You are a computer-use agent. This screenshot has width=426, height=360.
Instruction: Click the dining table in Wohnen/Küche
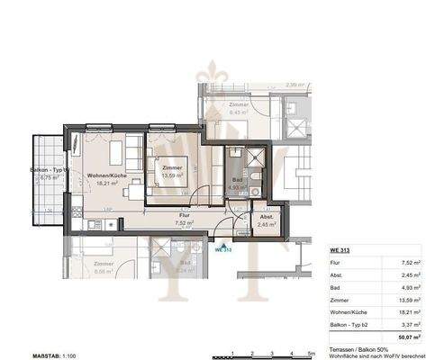point(132,190)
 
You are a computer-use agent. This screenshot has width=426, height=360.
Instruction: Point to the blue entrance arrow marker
point(221,240)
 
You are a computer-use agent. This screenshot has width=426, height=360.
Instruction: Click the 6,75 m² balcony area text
point(50,177)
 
